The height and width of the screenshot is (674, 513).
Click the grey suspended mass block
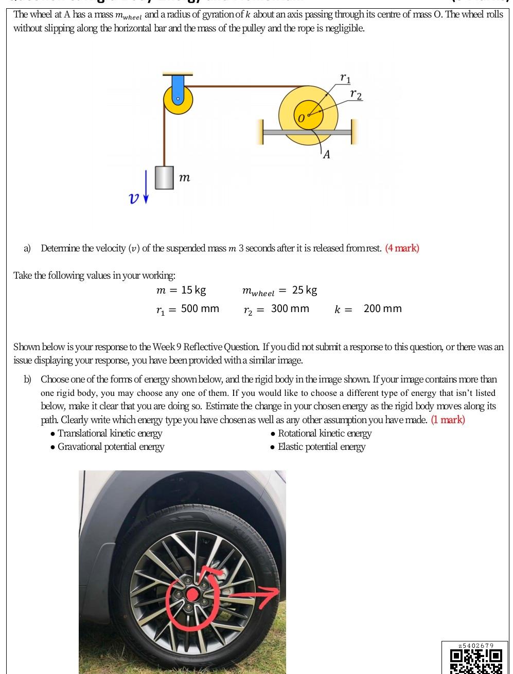click(x=164, y=177)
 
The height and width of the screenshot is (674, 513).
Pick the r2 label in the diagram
click(x=356, y=95)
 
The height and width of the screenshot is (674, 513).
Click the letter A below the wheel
click(x=326, y=154)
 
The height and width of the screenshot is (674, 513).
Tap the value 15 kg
click(x=193, y=290)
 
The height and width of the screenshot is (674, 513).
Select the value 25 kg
click(x=305, y=290)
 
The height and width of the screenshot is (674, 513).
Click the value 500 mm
click(x=200, y=308)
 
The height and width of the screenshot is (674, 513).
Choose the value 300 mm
click(x=290, y=308)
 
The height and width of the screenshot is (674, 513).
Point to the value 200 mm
click(x=382, y=308)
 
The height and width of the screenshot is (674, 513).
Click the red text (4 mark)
click(x=402, y=248)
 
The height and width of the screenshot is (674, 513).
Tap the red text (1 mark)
click(x=448, y=420)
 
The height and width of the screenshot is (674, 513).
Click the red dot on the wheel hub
click(x=192, y=595)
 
